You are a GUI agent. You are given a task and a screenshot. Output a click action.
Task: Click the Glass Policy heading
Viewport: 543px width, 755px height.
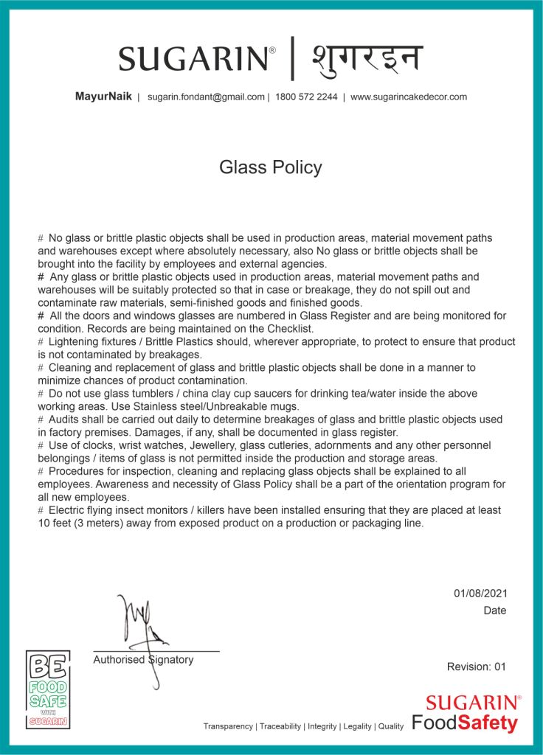pyautogui.click(x=270, y=167)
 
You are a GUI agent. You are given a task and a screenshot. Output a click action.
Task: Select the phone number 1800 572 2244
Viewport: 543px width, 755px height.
pyautogui.click(x=306, y=97)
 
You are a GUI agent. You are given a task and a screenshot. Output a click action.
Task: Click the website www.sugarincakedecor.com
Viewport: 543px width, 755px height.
pyautogui.click(x=408, y=97)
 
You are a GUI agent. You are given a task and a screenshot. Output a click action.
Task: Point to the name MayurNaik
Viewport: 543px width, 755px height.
pyautogui.click(x=103, y=97)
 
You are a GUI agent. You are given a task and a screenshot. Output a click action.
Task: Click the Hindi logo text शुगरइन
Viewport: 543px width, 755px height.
pyautogui.click(x=366, y=58)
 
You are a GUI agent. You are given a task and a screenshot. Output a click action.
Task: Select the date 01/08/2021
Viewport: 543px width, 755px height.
pyautogui.click(x=480, y=594)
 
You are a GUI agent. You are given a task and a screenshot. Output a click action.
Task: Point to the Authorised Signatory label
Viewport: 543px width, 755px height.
pyautogui.click(x=143, y=660)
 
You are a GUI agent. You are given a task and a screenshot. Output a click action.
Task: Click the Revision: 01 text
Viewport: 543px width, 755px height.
pyautogui.click(x=477, y=667)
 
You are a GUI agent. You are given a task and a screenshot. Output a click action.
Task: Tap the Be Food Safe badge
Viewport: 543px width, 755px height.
pyautogui.click(x=48, y=689)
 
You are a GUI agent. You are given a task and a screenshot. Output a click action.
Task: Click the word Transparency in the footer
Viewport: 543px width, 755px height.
pyautogui.click(x=228, y=726)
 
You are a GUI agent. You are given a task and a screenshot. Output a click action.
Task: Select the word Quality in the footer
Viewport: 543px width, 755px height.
pyautogui.click(x=391, y=726)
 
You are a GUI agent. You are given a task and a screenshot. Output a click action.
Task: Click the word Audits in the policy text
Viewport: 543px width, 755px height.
pyautogui.click(x=64, y=420)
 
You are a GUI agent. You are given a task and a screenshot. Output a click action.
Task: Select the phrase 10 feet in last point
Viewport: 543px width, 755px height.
pyautogui.click(x=55, y=523)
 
